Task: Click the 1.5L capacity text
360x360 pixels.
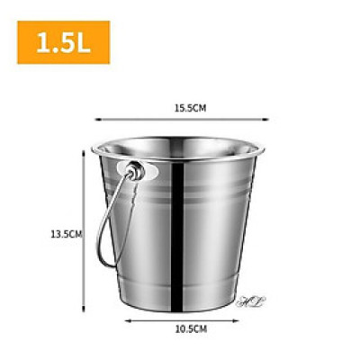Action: pyautogui.click(x=60, y=42)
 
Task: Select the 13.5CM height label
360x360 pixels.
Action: pyautogui.click(x=66, y=234)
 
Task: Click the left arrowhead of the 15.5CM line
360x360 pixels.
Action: pyautogui.click(x=97, y=117)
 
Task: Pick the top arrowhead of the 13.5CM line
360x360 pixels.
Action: pyautogui.click(x=84, y=152)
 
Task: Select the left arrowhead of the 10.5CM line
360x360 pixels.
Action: pyautogui.click(x=125, y=319)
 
